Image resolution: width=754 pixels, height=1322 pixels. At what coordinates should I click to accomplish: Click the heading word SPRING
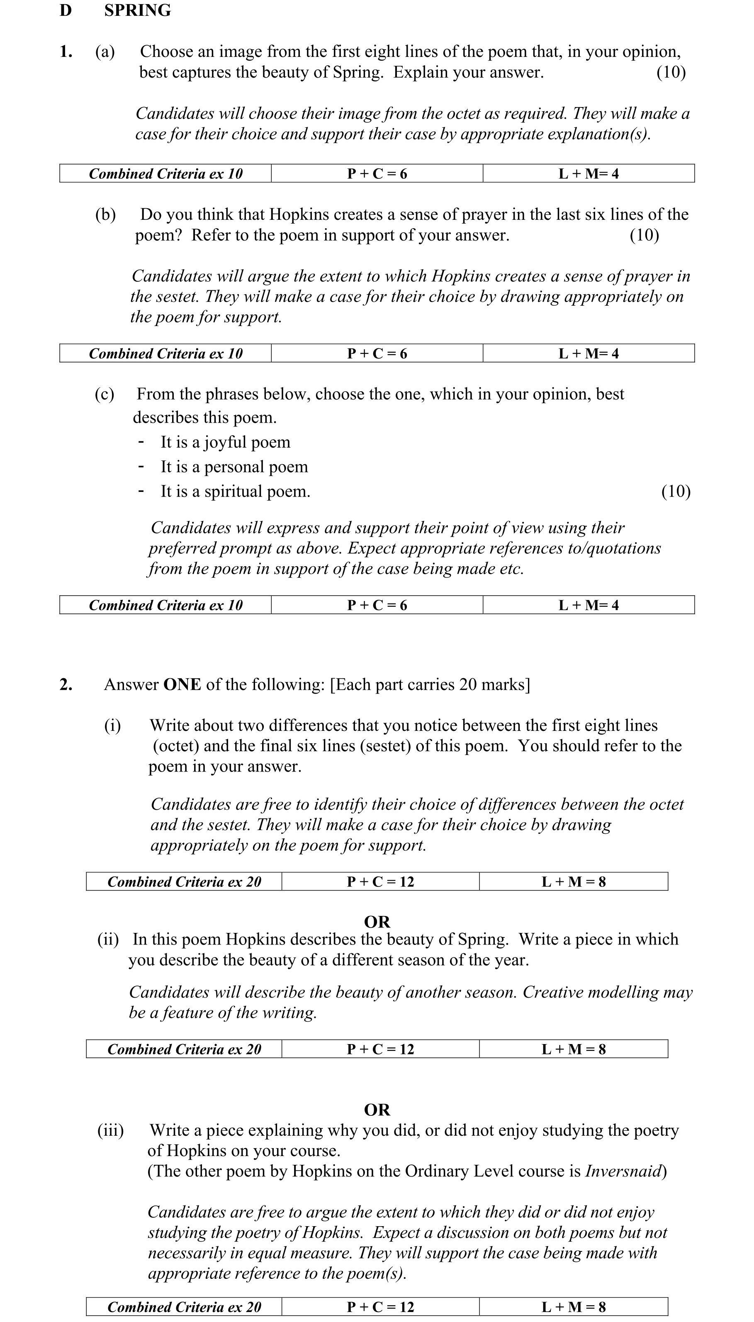tap(137, 10)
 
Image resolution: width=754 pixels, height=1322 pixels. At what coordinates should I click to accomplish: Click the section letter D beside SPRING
tap(66, 10)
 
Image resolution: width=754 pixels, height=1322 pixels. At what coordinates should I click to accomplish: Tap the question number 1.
tap(66, 52)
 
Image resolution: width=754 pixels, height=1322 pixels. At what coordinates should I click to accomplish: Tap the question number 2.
tap(66, 684)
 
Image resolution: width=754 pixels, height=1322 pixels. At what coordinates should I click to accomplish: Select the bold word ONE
tap(182, 684)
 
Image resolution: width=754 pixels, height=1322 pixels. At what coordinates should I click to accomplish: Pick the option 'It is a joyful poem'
tap(225, 442)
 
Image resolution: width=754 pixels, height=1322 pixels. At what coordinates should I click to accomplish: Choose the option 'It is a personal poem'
tap(234, 467)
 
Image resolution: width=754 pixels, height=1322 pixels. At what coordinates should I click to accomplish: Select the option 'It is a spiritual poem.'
tap(235, 492)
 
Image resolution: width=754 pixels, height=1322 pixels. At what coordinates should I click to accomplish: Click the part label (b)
tap(105, 214)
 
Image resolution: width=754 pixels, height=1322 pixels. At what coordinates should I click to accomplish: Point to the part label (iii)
tap(110, 1130)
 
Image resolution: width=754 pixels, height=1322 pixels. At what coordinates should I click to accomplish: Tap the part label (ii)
tap(108, 939)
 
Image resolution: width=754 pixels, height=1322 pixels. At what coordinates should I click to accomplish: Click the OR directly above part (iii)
tap(377, 1110)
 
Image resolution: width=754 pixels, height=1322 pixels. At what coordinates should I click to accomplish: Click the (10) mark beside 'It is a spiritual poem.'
tap(676, 492)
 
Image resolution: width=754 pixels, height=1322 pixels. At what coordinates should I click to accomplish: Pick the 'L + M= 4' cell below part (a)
tap(588, 173)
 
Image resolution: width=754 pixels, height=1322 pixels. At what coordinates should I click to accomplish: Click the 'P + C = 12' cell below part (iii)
tap(381, 1307)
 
